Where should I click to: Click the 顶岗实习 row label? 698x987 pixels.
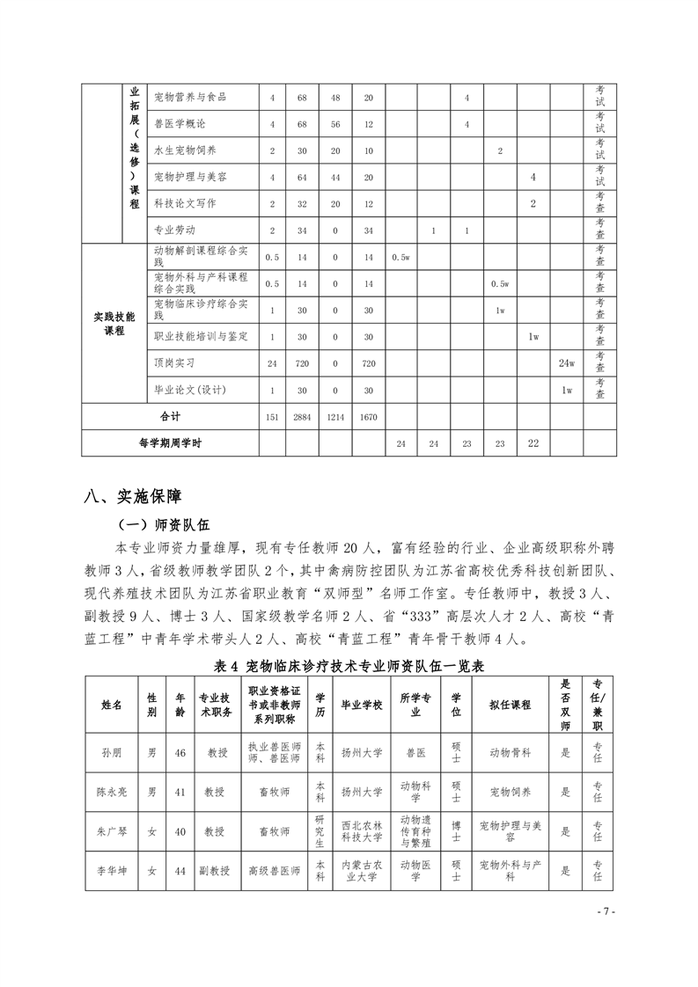coord(173,362)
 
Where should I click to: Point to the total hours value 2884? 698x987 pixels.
coord(301,417)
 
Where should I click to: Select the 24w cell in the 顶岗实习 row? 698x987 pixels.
coord(567,362)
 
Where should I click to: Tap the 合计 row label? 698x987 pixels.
coord(170,416)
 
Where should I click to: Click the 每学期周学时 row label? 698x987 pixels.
coord(170,443)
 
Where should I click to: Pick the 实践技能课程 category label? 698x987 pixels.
coord(114,324)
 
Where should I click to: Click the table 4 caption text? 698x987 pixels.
coord(349,666)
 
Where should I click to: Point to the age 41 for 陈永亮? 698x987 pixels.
coord(180,792)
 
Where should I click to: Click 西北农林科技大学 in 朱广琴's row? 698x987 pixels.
coord(361,831)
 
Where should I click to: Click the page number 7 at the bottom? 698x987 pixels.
coord(606,910)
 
